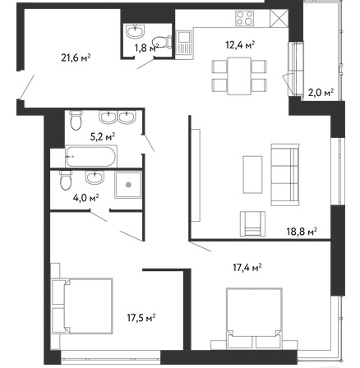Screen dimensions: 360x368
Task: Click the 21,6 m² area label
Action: [x=76, y=57]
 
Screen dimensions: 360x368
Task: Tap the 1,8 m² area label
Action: [x=146, y=48]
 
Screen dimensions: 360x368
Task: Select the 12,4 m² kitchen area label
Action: [x=240, y=44]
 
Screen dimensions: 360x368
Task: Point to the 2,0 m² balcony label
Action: [x=321, y=93]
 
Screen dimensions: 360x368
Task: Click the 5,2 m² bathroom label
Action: [x=103, y=136]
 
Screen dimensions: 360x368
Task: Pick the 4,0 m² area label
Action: [x=86, y=198]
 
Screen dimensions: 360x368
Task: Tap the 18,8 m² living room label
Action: [x=302, y=232]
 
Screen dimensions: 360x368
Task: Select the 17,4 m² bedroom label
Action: [x=247, y=267]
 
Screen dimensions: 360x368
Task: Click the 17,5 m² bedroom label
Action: [x=141, y=318]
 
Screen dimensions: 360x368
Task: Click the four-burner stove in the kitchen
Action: [x=244, y=18]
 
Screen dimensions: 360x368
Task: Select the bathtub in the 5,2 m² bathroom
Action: [x=91, y=157]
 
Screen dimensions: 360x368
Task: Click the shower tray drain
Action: [x=128, y=185]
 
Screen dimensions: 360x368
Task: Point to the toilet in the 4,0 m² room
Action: [x=66, y=180]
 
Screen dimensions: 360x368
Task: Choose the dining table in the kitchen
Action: [x=239, y=76]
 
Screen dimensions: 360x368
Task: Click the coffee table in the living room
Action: [x=252, y=174]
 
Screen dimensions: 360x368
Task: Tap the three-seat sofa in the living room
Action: [x=285, y=174]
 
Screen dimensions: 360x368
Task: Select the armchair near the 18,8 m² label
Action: [x=252, y=223]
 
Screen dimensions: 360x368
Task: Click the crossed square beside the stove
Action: [x=279, y=18]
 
